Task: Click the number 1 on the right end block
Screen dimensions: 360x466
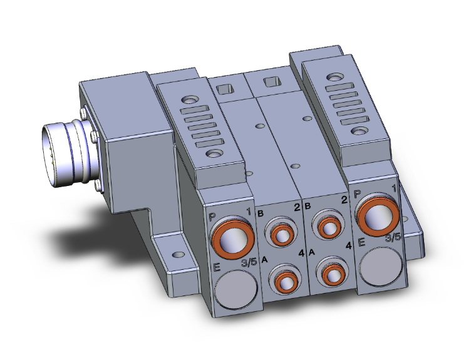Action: click(x=393, y=187)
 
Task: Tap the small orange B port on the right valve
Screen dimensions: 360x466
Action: click(x=328, y=227)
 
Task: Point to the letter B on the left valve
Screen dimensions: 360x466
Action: click(x=261, y=213)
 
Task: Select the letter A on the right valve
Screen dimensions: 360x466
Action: click(x=311, y=254)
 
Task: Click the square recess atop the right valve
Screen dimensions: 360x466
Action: click(x=272, y=81)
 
